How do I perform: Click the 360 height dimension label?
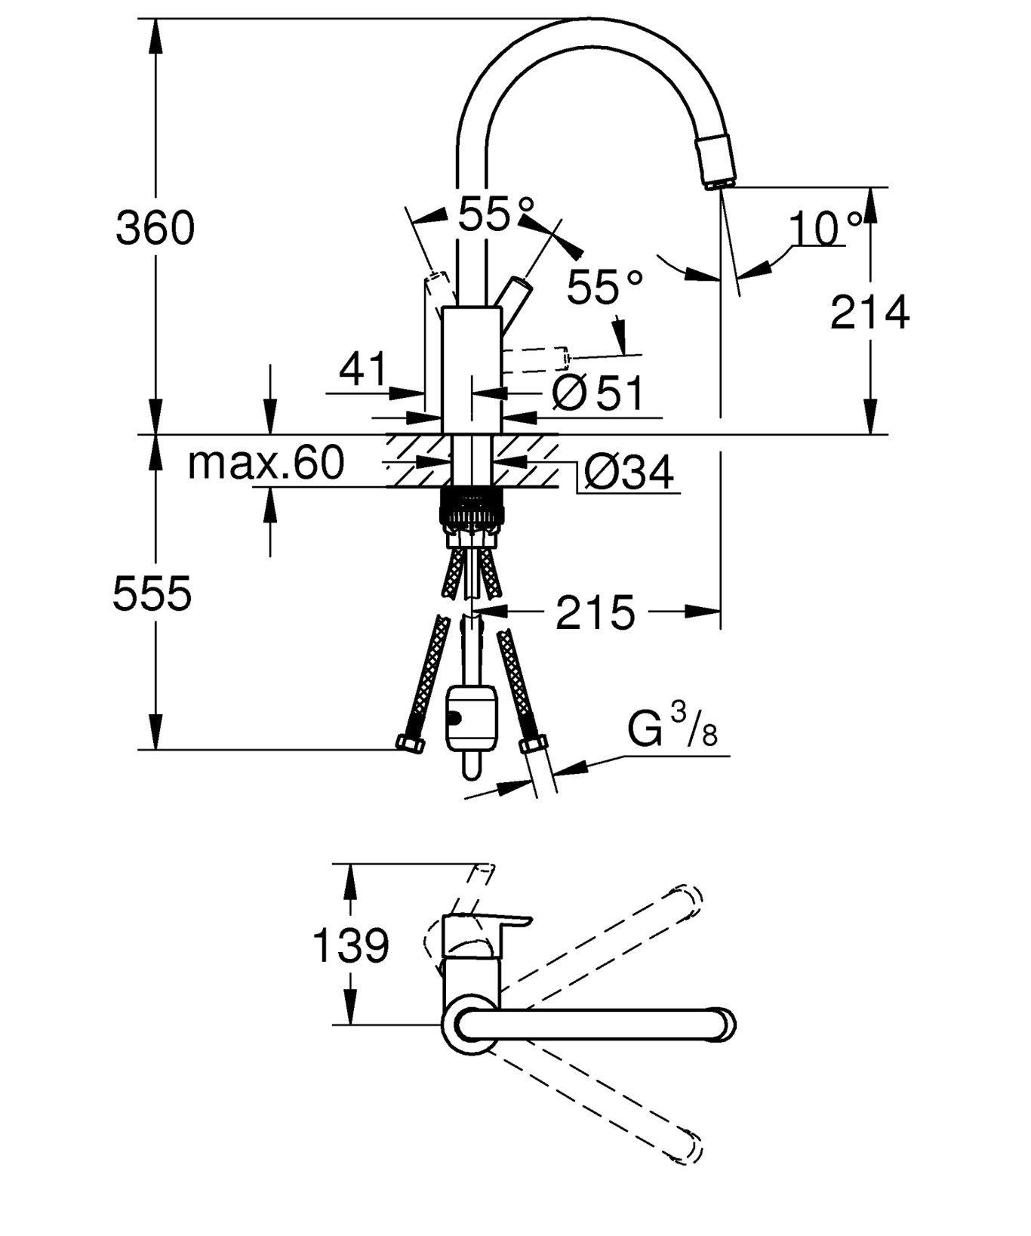(x=155, y=227)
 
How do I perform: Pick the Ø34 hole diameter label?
(x=629, y=473)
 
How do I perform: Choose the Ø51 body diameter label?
(x=599, y=393)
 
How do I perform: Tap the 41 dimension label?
(x=363, y=368)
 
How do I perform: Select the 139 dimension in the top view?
(x=351, y=945)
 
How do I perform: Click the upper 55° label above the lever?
(x=496, y=213)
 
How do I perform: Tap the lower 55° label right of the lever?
(x=605, y=287)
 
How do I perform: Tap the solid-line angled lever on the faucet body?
(x=512, y=302)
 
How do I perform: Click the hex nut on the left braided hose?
(x=411, y=744)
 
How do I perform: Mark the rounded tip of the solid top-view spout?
(x=726, y=1025)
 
